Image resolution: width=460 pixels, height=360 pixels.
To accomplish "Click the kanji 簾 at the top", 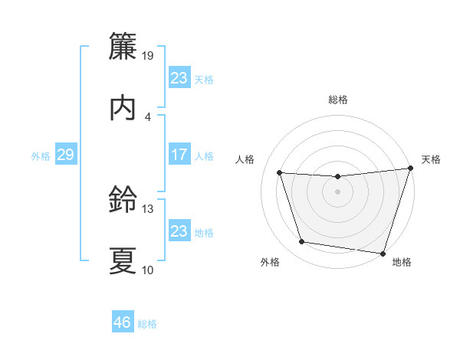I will [x=123, y=47].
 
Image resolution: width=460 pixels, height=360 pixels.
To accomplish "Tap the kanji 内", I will [x=123, y=109].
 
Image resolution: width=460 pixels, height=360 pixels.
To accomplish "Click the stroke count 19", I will [x=148, y=55].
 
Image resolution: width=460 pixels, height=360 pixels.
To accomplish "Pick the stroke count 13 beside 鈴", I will [x=148, y=208].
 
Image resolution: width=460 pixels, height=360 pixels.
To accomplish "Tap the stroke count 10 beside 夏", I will [x=148, y=270].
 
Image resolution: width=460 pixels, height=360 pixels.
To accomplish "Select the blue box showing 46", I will [x=123, y=322].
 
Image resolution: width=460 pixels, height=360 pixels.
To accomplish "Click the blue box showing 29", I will [x=65, y=155].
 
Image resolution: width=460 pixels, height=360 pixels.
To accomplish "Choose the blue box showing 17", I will [x=179, y=155].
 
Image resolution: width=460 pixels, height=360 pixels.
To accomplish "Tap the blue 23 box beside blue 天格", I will [x=179, y=78].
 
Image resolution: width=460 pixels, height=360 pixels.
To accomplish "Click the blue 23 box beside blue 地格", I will [x=179, y=231].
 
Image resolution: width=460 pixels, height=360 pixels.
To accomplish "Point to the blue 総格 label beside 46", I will [x=147, y=323].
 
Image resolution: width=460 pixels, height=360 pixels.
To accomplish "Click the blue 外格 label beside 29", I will [x=41, y=155].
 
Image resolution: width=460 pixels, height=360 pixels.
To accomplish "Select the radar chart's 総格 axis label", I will [x=338, y=100].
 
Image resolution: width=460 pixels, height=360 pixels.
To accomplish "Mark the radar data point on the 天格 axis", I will [x=410, y=169].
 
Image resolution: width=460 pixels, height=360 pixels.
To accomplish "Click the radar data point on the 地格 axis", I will [x=383, y=253].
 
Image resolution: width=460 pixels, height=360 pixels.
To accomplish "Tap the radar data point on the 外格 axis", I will [x=301, y=242].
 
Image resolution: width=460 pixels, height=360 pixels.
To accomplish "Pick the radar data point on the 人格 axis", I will [x=280, y=173].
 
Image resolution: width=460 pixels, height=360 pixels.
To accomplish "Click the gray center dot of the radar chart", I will [x=338, y=192].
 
